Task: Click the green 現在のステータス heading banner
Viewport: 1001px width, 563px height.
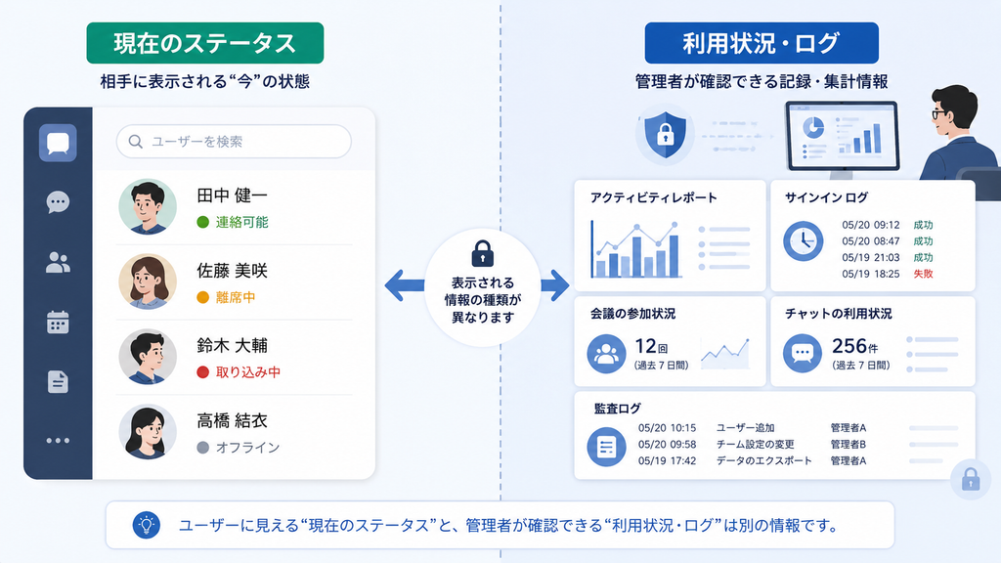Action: tap(205, 43)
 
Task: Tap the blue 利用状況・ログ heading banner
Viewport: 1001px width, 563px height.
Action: tap(762, 43)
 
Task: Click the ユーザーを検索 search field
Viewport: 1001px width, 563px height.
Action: tap(234, 141)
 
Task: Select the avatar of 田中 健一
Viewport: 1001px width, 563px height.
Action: tap(148, 207)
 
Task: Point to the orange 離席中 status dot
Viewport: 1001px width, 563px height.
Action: tap(203, 297)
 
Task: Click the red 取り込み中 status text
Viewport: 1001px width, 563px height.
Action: tap(247, 372)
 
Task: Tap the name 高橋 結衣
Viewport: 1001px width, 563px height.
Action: tap(232, 420)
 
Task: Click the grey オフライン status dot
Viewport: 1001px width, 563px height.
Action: tap(203, 448)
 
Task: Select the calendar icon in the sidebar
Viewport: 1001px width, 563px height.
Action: tap(58, 323)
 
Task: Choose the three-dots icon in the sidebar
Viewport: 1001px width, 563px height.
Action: tap(58, 441)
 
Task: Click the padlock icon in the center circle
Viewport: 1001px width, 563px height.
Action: tap(483, 253)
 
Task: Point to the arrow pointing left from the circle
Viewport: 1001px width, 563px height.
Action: tap(405, 285)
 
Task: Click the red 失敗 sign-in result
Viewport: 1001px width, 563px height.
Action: tap(923, 274)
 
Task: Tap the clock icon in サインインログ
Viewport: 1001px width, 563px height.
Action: tap(804, 241)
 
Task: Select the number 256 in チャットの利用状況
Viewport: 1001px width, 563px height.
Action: tap(849, 346)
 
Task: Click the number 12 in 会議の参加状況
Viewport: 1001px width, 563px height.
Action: tap(645, 346)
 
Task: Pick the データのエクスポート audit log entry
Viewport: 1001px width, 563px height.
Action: tap(764, 461)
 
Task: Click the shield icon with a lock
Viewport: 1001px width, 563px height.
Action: tap(665, 135)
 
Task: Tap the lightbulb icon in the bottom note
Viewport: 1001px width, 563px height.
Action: tap(147, 525)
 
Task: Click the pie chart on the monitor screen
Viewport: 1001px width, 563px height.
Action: tap(813, 127)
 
